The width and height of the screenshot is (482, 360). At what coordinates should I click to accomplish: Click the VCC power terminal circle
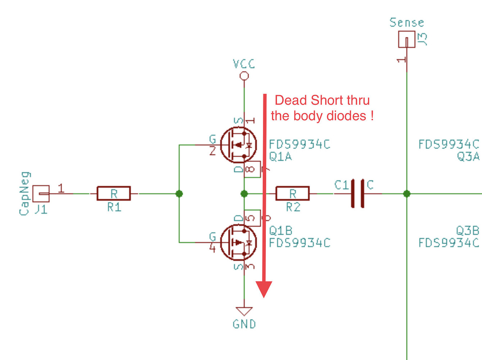click(244, 76)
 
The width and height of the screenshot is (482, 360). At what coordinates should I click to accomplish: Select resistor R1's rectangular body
click(114, 194)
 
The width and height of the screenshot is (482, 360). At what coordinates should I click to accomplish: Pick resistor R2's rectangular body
click(292, 194)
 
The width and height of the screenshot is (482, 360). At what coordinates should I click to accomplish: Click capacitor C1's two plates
click(358, 193)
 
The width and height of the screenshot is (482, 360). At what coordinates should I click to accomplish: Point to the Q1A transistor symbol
click(238, 145)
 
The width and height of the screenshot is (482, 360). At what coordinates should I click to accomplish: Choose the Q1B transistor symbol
click(238, 242)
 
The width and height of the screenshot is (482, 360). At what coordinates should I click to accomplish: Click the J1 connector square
click(41, 194)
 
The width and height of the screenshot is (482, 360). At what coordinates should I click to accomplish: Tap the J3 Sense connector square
click(407, 39)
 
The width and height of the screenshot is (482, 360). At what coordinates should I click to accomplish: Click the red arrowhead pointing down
click(264, 289)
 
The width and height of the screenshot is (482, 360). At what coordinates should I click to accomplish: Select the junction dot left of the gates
click(179, 194)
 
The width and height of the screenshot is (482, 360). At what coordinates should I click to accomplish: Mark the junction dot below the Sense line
click(407, 194)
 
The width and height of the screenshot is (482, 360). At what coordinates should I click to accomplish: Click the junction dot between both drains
click(244, 194)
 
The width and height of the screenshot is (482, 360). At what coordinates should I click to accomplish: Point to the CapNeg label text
click(24, 194)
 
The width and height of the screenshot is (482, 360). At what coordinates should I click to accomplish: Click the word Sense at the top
click(407, 23)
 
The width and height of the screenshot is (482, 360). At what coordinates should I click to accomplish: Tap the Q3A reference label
click(468, 157)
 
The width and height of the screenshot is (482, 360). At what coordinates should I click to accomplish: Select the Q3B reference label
click(468, 230)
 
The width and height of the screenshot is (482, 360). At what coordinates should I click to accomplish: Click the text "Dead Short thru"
click(322, 100)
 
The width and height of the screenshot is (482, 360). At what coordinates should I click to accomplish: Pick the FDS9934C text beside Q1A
click(300, 144)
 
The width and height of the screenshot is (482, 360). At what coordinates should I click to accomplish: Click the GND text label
click(244, 324)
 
